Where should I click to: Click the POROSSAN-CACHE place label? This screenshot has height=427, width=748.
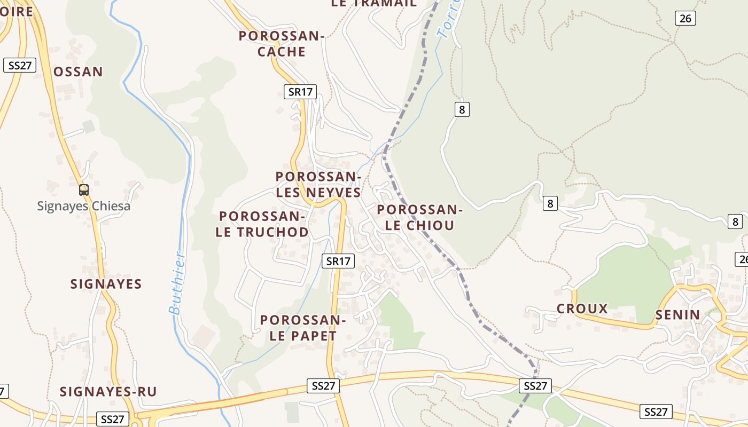[282, 44]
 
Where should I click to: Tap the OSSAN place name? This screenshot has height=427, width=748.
[78, 72]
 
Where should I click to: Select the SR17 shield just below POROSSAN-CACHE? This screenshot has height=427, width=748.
[300, 92]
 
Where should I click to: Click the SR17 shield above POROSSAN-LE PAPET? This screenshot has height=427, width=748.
[339, 261]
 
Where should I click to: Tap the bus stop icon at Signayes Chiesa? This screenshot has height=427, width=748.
[84, 190]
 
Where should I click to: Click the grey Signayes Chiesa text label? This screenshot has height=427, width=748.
[84, 206]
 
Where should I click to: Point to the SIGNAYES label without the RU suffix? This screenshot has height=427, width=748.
[106, 284]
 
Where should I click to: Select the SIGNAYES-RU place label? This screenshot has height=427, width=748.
[108, 392]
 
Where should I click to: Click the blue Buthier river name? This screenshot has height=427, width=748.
[178, 283]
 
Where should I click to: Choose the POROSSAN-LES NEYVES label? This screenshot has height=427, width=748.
[318, 184]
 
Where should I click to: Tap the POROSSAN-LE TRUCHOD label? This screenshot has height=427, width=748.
[262, 224]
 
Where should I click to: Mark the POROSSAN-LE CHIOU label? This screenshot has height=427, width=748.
[420, 217]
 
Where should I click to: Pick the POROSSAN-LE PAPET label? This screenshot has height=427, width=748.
[303, 328]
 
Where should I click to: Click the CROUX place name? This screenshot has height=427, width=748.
[582, 309]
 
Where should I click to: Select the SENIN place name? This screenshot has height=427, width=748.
[677, 315]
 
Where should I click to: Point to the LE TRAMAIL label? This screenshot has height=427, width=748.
[373, 3]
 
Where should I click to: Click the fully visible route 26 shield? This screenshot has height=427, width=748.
[685, 18]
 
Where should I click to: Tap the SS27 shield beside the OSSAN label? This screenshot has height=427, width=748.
[20, 66]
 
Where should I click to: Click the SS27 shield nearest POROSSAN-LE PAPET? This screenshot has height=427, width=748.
[323, 386]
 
